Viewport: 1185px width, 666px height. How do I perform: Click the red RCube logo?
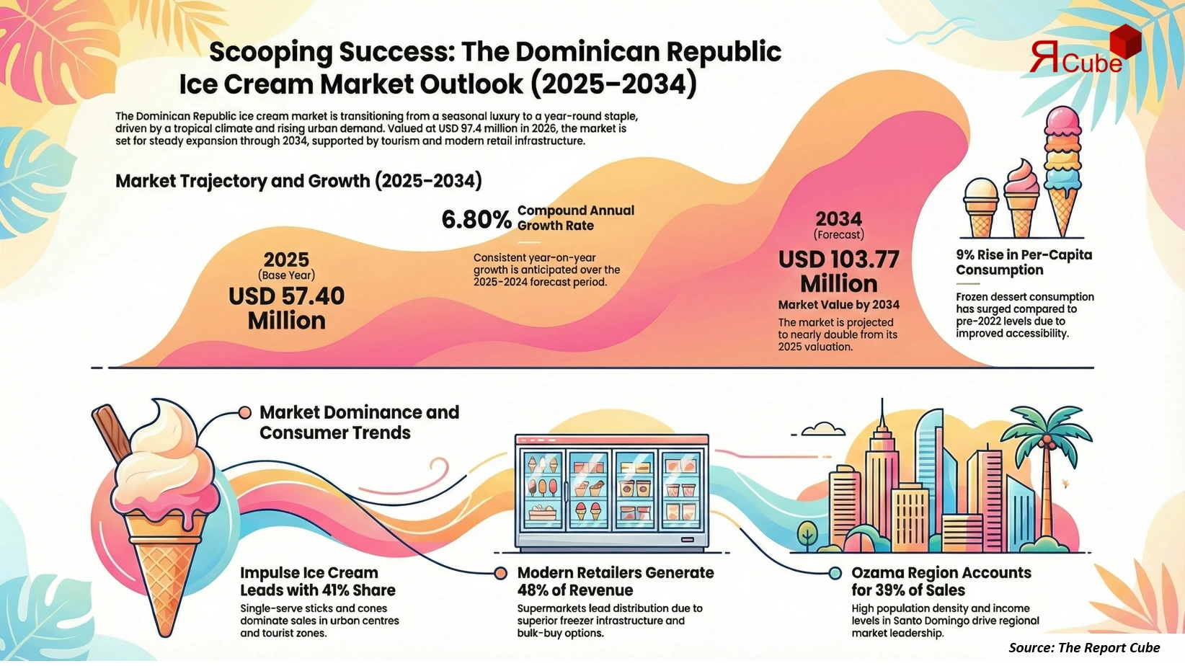1081,54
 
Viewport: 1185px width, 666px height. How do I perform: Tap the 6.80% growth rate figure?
476,219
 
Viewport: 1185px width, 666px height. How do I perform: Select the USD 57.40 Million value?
287,308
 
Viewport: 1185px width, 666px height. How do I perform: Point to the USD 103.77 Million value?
838,271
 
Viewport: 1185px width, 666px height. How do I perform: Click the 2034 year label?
838,218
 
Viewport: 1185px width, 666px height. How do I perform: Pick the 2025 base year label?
286,259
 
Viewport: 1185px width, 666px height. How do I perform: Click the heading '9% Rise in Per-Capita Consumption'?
1024,262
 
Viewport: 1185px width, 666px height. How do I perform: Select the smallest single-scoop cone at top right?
981,208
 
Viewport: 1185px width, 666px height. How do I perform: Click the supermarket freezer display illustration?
612,492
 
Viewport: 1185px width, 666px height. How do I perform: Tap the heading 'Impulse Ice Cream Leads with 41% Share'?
317,581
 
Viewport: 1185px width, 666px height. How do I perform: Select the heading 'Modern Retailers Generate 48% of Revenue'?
615,581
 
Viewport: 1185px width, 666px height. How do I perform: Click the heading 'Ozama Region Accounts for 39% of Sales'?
941,581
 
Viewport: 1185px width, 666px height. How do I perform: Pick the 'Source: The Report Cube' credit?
1083,647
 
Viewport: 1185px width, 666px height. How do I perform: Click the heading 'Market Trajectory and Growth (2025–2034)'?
298,180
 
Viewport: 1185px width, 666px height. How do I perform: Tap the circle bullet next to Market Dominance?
245,412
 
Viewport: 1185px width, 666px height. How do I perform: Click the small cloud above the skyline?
823,429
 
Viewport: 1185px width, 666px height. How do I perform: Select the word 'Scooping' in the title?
270,52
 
